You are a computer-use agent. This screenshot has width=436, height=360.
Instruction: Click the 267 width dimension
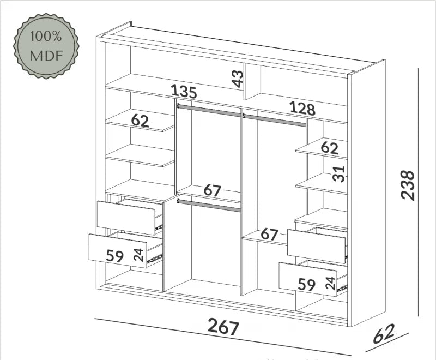[x=223, y=327]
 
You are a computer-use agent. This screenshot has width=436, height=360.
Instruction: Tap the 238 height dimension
[x=408, y=185]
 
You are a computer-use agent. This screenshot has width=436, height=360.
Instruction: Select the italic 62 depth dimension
[x=384, y=334]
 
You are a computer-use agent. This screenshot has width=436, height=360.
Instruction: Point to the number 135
[x=184, y=91]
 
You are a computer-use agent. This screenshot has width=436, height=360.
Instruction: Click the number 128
[x=302, y=109]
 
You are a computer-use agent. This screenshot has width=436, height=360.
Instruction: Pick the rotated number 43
[x=238, y=79]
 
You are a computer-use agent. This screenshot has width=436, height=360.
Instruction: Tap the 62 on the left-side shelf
[x=140, y=121]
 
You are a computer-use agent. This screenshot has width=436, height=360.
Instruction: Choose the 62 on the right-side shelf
[x=330, y=148]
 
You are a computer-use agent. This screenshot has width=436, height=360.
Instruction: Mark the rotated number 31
[x=339, y=174]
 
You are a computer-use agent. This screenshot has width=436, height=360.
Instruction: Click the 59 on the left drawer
[x=115, y=256]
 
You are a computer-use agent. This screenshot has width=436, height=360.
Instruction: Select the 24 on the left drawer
[x=138, y=255]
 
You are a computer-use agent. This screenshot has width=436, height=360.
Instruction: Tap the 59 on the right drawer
[x=307, y=284]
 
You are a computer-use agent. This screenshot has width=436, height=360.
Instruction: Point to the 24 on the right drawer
[x=331, y=283]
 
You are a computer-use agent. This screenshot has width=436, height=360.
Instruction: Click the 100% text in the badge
[x=46, y=36]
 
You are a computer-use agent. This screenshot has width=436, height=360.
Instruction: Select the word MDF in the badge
[x=46, y=56]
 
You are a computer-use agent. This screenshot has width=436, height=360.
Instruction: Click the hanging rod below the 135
[x=209, y=110]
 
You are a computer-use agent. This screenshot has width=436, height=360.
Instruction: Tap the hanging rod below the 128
[x=275, y=120]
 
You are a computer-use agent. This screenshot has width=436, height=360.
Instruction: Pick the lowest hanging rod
[x=209, y=205]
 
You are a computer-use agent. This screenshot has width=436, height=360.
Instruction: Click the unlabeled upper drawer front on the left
[x=126, y=218]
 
